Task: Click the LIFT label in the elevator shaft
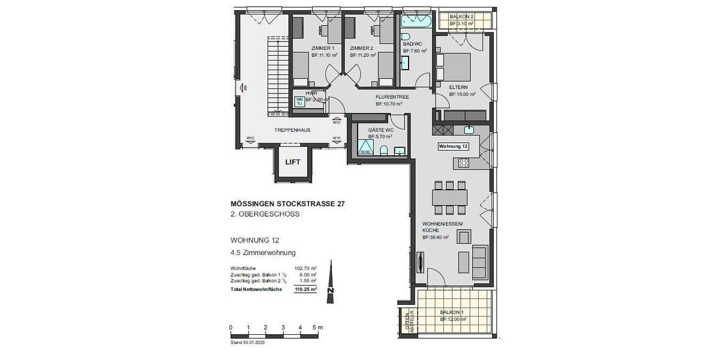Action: pyautogui.click(x=293, y=162)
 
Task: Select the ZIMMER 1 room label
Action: pyautogui.click(x=323, y=48)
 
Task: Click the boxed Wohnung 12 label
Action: pyautogui.click(x=453, y=146)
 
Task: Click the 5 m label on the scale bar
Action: pyautogui.click(x=319, y=328)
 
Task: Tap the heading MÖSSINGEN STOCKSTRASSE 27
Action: pyautogui.click(x=288, y=204)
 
